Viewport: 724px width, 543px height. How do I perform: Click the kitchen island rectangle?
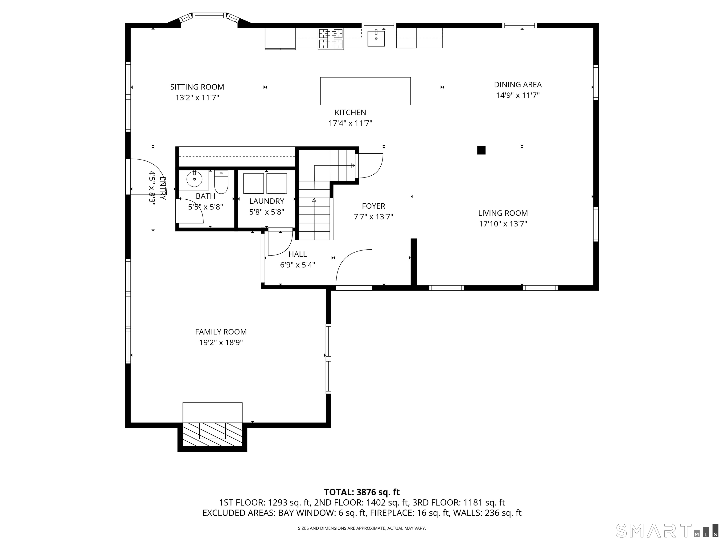click(x=365, y=91)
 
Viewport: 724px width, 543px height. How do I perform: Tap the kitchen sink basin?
click(x=376, y=38)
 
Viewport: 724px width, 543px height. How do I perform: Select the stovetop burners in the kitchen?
click(x=331, y=39)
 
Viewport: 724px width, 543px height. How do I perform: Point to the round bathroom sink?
click(x=194, y=179)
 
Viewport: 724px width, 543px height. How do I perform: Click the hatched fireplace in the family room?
click(x=212, y=434)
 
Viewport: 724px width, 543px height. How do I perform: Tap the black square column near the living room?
click(x=481, y=150)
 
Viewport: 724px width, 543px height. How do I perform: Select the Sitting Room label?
click(x=197, y=87)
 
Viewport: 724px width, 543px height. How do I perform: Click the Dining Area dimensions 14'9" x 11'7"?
click(x=518, y=95)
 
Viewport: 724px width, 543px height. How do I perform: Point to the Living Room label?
click(x=503, y=213)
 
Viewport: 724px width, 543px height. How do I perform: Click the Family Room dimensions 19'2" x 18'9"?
click(x=221, y=343)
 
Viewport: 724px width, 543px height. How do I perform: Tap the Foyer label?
click(x=374, y=206)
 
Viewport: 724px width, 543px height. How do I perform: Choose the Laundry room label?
click(x=267, y=201)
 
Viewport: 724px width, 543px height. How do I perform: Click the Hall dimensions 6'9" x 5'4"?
click(x=297, y=265)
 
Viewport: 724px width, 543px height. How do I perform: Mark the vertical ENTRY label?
click(x=163, y=189)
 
